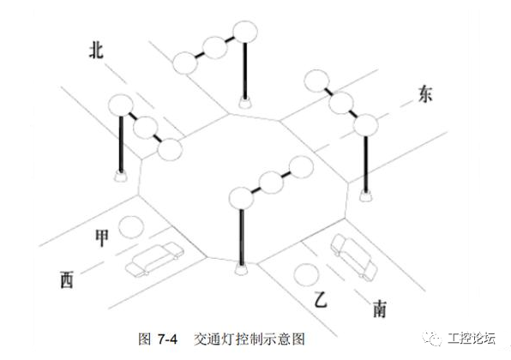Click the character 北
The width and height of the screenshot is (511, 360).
coord(96,51)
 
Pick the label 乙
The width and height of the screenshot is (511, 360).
coord(322,301)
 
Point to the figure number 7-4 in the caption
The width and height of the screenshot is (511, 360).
coord(165,339)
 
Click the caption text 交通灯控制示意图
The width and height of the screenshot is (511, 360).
coord(249,339)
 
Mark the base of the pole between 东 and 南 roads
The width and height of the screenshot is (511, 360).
coord(366,196)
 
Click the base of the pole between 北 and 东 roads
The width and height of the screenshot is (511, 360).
coord(246,105)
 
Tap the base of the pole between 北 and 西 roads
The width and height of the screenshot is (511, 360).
coord(119,177)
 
